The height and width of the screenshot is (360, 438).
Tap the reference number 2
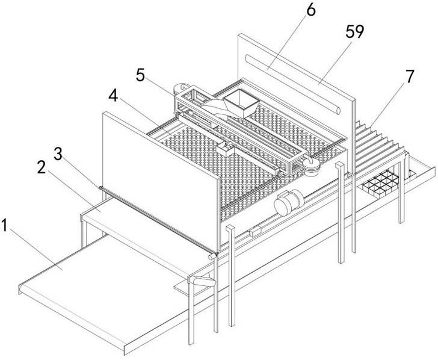(42, 167)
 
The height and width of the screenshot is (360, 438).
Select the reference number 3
(58, 154)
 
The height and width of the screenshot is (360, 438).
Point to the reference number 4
(113, 96)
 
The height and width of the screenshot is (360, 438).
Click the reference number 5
(141, 75)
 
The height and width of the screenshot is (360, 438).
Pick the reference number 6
(311, 10)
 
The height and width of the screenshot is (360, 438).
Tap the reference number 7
(410, 76)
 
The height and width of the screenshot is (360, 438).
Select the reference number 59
(355, 32)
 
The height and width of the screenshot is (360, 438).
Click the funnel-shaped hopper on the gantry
(241, 104)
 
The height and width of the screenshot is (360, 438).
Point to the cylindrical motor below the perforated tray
(289, 203)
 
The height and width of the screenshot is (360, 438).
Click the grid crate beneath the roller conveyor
(380, 185)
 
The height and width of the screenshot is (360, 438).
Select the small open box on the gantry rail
(225, 149)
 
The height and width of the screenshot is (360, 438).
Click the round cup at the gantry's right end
(310, 167)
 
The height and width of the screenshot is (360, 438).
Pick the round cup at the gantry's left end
(180, 88)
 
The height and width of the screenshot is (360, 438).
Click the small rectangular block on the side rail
(255, 232)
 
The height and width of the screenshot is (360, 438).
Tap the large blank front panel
(160, 181)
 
